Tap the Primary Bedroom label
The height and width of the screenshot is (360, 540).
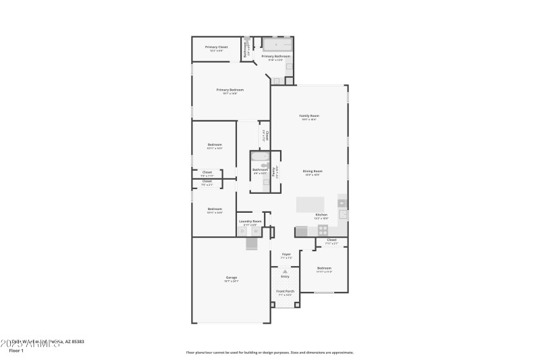click(x=230, y=90)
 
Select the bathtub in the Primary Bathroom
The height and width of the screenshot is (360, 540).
click(x=277, y=45)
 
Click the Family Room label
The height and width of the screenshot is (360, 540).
click(x=309, y=115)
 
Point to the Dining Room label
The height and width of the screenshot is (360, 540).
click(x=313, y=172)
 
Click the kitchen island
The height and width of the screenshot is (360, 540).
click(x=310, y=204)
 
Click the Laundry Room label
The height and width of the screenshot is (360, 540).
click(x=250, y=221)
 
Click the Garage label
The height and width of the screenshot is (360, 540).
click(x=231, y=278)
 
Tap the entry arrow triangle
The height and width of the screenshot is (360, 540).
click(x=285, y=272)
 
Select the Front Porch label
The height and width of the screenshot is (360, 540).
click(x=285, y=291)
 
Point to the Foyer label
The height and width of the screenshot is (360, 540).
click(x=286, y=255)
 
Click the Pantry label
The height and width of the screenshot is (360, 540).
click(x=274, y=172)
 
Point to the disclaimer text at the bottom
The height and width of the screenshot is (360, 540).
click(x=269, y=352)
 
